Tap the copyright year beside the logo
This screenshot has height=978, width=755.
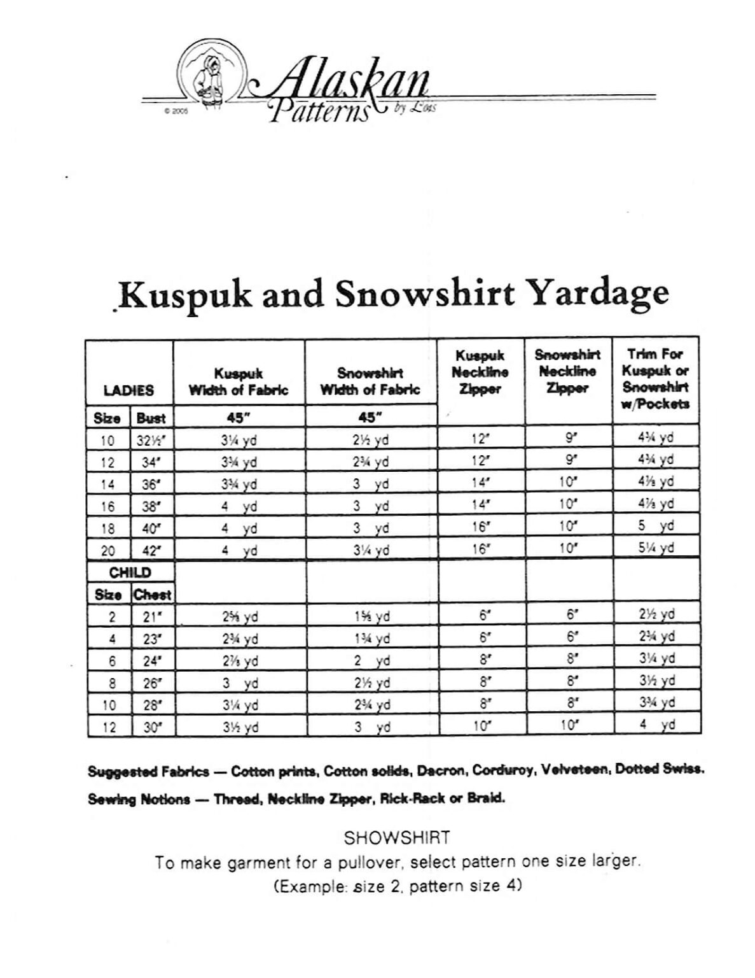pyautogui.click(x=172, y=110)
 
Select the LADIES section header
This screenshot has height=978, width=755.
pyautogui.click(x=128, y=390)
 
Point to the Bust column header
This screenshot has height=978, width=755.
pyautogui.click(x=151, y=418)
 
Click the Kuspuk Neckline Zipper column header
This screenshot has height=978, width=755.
pyautogui.click(x=480, y=372)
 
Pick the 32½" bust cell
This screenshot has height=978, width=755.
pyautogui.click(x=151, y=440)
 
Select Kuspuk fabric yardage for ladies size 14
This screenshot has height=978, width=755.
pyautogui.click(x=239, y=484)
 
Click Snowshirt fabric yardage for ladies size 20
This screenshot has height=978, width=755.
pyautogui.click(x=371, y=550)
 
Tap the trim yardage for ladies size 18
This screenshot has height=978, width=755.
pyautogui.click(x=656, y=526)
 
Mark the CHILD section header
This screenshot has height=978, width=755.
pyautogui.click(x=130, y=572)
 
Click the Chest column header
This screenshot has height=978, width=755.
pyautogui.click(x=153, y=595)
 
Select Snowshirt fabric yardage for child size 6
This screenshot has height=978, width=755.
pyautogui.click(x=371, y=661)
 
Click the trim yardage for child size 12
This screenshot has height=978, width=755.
pyautogui.click(x=656, y=725)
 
